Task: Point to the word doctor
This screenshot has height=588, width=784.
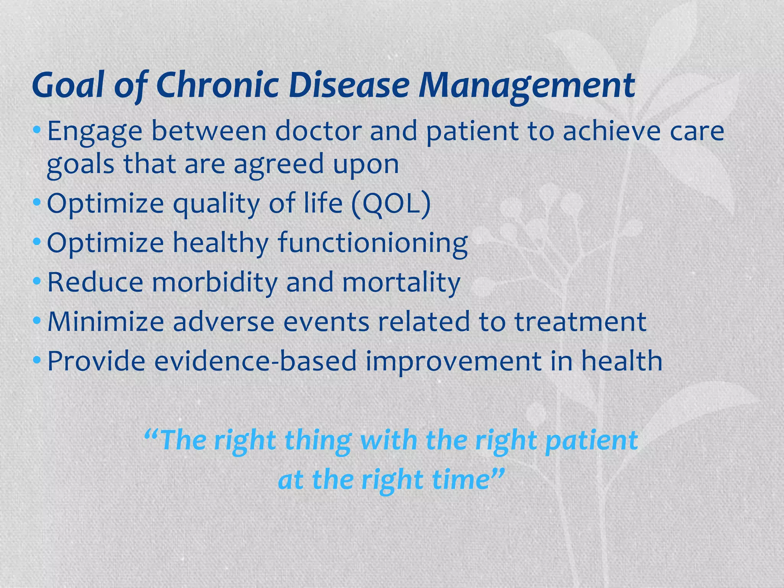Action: coord(318,131)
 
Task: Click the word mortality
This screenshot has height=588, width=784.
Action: coord(401,282)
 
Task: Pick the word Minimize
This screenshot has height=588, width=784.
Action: coord(106,322)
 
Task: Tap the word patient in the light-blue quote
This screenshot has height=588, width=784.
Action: coord(591,440)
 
